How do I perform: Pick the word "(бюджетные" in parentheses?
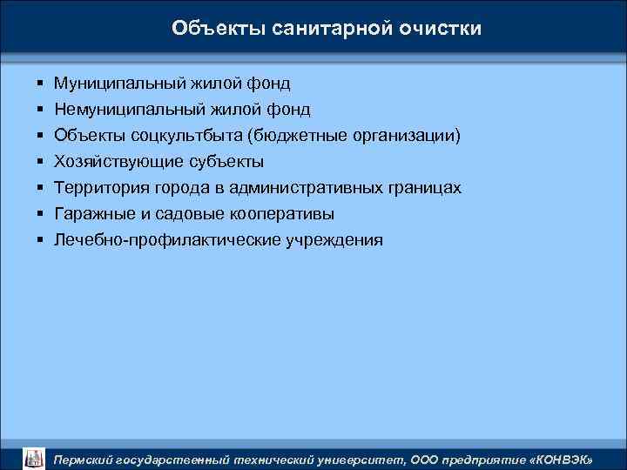point(294,136)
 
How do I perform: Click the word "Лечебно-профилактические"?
point(166,240)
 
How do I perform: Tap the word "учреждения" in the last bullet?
point(334,240)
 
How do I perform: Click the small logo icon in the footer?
point(32,457)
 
